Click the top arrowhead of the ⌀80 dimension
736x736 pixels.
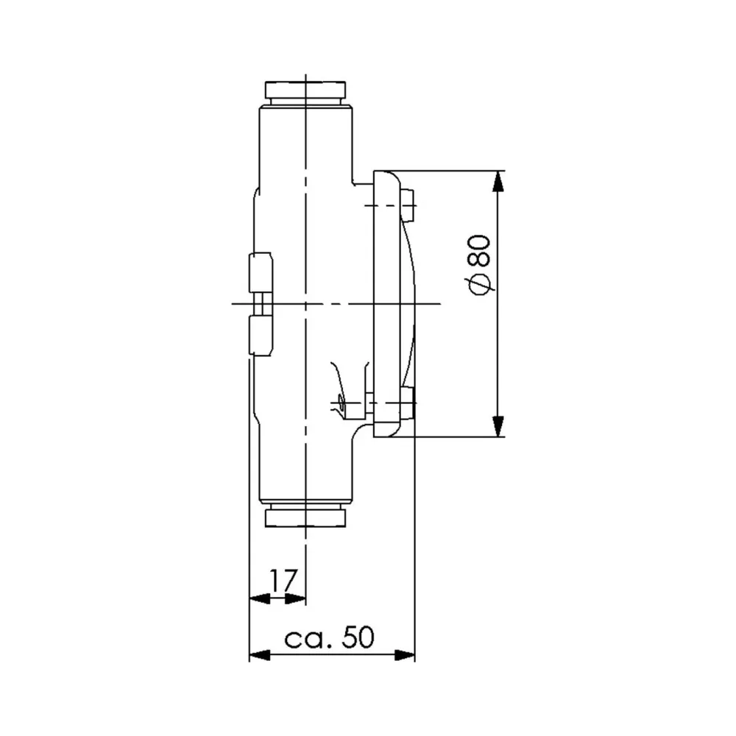(x=499, y=181)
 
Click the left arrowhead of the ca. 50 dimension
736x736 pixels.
(x=258, y=654)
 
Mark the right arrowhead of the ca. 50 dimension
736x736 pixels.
(x=406, y=654)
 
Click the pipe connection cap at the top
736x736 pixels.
(x=305, y=92)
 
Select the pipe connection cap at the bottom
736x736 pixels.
(x=305, y=516)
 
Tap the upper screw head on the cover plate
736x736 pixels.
(x=408, y=205)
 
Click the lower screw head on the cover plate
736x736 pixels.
(x=408, y=403)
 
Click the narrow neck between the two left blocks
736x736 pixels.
(x=263, y=303)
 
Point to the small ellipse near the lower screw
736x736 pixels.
(x=340, y=402)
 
